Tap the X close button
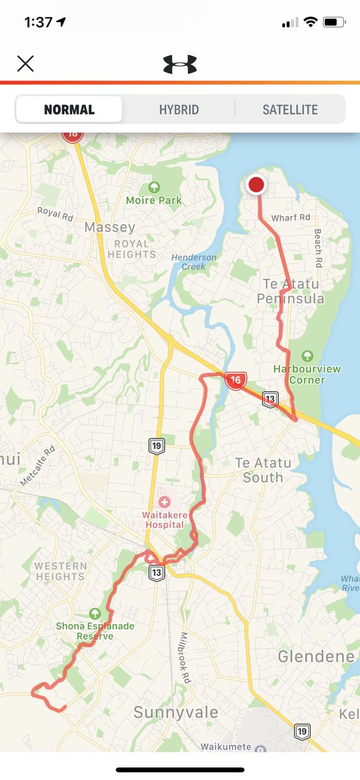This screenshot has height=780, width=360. [25, 63]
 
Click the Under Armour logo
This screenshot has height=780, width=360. [179, 64]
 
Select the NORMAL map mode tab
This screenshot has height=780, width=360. [69, 109]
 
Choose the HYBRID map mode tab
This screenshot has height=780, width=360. [179, 109]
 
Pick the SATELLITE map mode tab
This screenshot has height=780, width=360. [290, 109]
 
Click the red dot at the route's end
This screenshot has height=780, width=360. [257, 185]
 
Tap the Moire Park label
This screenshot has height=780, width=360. [154, 200]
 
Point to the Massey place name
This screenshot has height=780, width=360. [110, 227]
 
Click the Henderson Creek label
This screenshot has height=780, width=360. [194, 262]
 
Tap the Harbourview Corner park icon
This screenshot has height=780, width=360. [307, 356]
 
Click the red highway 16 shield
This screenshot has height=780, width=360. [235, 380]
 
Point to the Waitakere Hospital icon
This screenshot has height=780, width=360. [164, 502]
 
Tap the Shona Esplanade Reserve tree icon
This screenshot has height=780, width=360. [95, 613]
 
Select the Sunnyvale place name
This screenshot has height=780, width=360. [175, 712]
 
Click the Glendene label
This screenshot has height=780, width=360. [316, 656]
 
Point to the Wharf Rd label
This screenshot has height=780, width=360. [291, 218]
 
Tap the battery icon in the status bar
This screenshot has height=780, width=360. [334, 22]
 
